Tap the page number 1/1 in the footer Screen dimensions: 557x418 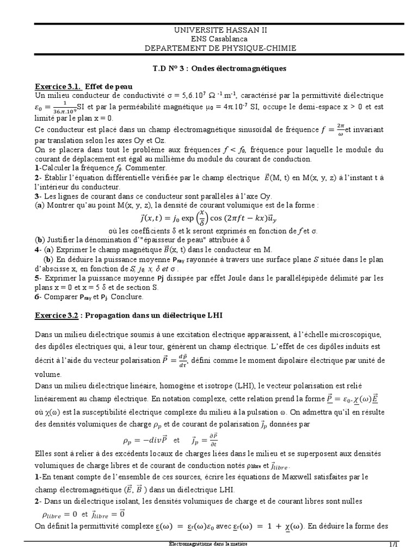click(394, 545)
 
